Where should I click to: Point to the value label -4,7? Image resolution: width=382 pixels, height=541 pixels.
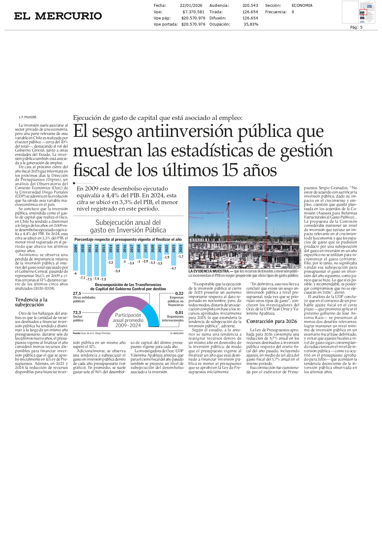click(x=173, y=268)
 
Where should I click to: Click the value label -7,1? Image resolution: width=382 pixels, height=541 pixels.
click(x=82, y=278)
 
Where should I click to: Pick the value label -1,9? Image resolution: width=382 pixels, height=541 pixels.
click(x=166, y=257)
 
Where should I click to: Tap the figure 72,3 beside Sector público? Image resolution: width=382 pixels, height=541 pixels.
click(x=77, y=313)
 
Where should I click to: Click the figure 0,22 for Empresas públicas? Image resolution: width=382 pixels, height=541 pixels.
click(x=179, y=293)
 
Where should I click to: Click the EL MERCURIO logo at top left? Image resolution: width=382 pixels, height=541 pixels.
click(x=58, y=16)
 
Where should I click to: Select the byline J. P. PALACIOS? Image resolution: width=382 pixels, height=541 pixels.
click(x=27, y=117)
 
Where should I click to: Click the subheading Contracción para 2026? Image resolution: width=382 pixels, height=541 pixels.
click(x=271, y=321)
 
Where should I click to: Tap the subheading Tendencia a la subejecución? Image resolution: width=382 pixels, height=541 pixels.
click(x=31, y=302)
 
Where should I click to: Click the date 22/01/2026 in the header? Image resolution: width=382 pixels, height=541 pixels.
click(x=191, y=6)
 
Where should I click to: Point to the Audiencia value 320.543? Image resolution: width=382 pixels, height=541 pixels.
click(x=250, y=6)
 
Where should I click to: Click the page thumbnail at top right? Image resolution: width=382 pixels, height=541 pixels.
click(x=367, y=12)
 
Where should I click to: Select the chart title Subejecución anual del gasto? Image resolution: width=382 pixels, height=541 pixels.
click(x=128, y=226)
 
